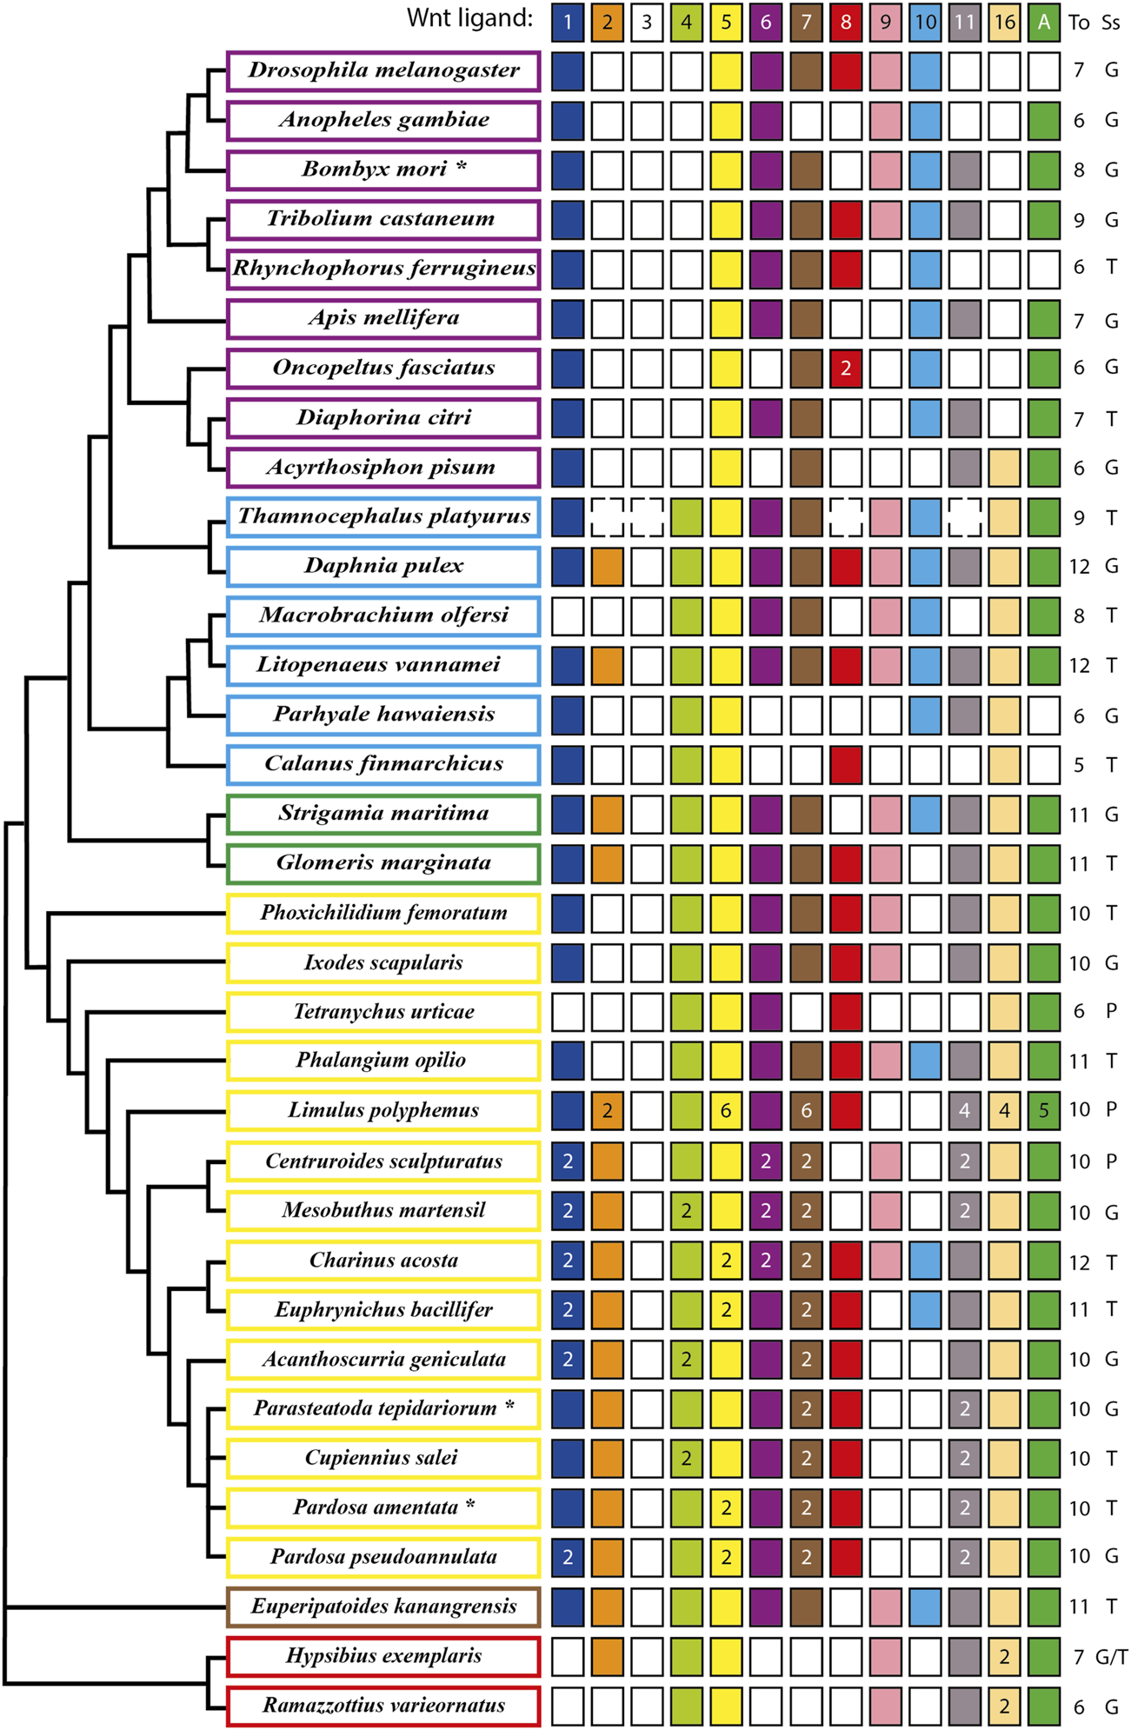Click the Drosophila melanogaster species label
(x=383, y=70)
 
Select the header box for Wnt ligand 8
(x=845, y=22)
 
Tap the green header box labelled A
(x=1043, y=22)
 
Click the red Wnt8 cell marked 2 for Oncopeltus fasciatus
(x=845, y=369)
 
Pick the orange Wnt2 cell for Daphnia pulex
(x=607, y=567)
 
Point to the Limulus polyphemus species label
(x=383, y=1111)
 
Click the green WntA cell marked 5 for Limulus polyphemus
(x=1043, y=1111)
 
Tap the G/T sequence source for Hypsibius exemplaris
(x=1111, y=1657)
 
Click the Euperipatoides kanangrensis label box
(x=383, y=1607)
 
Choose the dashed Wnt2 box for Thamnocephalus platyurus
(x=607, y=517)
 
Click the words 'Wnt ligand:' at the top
(x=469, y=18)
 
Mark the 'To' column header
(x=1079, y=23)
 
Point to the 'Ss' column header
(x=1111, y=23)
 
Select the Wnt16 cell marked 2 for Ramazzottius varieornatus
(x=1004, y=1706)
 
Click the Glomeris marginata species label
(x=383, y=863)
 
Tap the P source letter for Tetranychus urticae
(x=1111, y=1011)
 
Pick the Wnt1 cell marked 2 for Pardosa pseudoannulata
(x=568, y=1557)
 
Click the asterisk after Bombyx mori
(x=462, y=165)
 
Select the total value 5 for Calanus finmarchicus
(x=1079, y=765)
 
